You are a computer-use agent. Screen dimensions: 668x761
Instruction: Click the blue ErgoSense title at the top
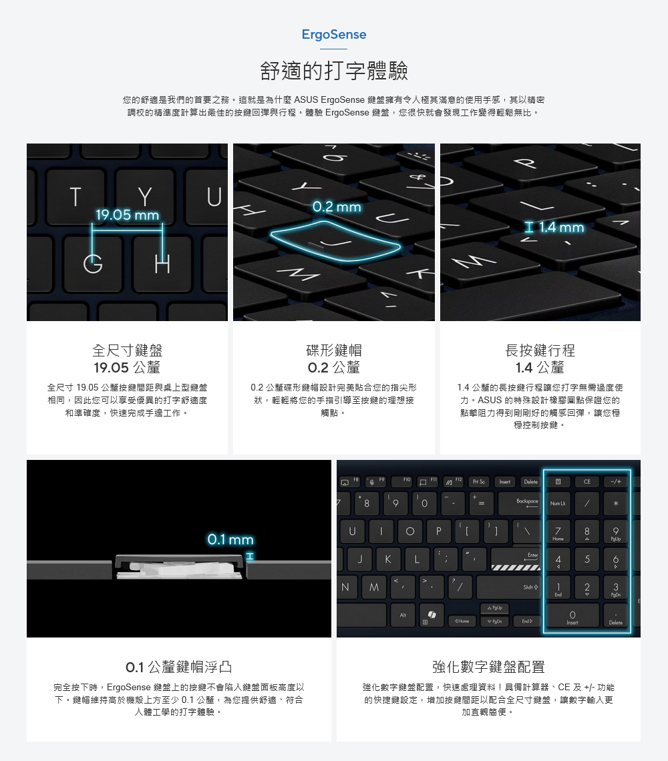tap(334, 35)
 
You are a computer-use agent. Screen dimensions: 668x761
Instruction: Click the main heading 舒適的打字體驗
tap(334, 71)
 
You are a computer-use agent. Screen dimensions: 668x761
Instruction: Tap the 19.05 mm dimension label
tap(128, 214)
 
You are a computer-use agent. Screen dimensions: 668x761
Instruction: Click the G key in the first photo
tap(92, 264)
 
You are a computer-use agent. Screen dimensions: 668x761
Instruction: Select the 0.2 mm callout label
tap(337, 207)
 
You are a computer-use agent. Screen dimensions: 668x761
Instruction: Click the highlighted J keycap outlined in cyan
tap(336, 241)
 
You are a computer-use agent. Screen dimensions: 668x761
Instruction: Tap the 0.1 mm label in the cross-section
tap(230, 539)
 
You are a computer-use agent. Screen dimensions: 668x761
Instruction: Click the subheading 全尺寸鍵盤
tap(128, 350)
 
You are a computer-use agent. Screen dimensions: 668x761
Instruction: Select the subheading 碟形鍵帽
tap(334, 350)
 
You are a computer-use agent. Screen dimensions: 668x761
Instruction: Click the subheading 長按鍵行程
tap(540, 350)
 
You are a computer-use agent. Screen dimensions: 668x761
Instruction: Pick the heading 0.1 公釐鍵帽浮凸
tap(179, 667)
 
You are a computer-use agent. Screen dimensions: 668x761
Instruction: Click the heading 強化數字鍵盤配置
tap(488, 667)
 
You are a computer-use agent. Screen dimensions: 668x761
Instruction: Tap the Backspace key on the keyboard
tap(519, 503)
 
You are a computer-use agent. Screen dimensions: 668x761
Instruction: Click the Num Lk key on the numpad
tap(558, 503)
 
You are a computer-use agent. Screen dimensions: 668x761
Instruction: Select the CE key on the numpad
tap(587, 481)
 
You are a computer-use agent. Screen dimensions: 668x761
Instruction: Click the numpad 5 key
tap(587, 559)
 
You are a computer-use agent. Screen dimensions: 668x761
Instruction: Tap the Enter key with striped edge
tap(516, 559)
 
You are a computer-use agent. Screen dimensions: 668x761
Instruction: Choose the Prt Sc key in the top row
tap(478, 481)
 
